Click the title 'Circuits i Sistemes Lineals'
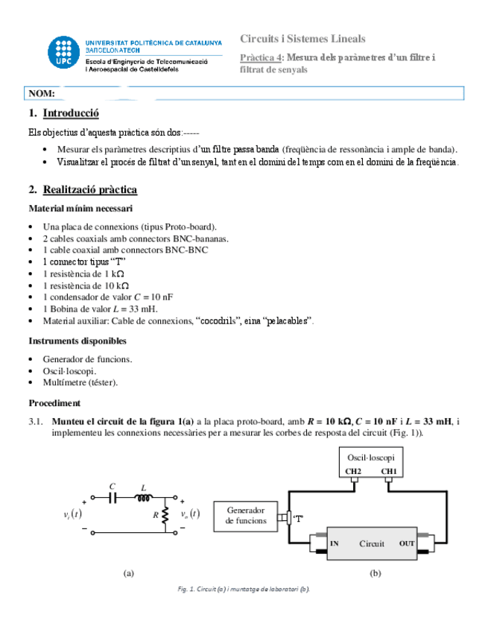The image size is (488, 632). point(302,39)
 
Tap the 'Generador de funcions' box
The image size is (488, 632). point(246,516)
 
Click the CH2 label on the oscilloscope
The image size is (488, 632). point(352,472)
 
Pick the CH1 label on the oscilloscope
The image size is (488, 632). point(388,472)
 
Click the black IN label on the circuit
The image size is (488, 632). point(335,544)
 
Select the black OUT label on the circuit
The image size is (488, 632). point(407,544)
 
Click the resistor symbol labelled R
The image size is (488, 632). point(165,515)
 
